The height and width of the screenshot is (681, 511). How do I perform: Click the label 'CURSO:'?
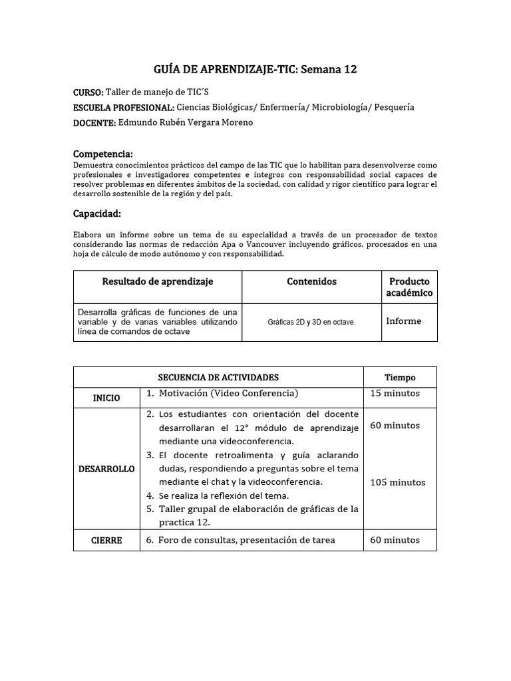[88, 92]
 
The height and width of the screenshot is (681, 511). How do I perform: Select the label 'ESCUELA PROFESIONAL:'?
[124, 108]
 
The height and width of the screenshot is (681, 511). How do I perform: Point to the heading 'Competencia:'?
[102, 154]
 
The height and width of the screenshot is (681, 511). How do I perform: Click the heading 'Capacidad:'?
[96, 213]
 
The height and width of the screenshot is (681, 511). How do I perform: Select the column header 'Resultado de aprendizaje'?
[157, 282]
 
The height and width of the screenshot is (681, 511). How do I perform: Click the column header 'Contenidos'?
[311, 282]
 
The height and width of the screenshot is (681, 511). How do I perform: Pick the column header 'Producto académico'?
[409, 287]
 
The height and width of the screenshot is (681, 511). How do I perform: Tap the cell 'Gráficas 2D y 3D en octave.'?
[311, 322]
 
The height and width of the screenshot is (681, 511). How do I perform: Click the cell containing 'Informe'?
[403, 321]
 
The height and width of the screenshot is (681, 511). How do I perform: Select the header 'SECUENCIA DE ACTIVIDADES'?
[218, 377]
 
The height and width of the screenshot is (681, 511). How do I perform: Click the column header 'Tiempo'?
[400, 377]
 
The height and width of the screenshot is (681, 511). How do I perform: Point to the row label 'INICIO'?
[106, 398]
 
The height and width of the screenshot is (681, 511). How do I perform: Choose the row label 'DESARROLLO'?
[106, 469]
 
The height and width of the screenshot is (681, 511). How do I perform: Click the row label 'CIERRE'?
[106, 541]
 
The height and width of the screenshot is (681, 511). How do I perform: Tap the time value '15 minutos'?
[395, 393]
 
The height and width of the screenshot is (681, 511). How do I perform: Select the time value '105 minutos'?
[398, 483]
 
